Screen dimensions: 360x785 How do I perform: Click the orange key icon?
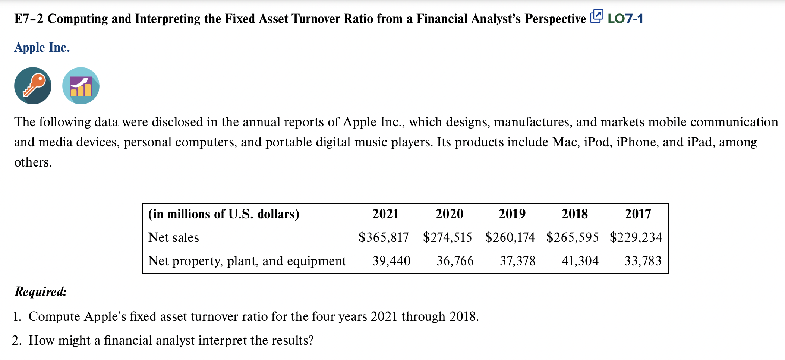coord(33,86)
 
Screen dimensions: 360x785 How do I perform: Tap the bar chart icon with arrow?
coord(81,86)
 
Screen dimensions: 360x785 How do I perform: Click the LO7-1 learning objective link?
coord(625,19)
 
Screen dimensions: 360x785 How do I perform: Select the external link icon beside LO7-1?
coord(596,17)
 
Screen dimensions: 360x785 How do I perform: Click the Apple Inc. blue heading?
coord(42,48)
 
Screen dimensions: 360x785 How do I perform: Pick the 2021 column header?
coord(385,214)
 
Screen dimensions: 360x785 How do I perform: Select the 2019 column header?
coord(512,214)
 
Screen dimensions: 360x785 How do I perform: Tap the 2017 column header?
coord(638,214)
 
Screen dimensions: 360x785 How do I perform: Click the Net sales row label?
coord(174,237)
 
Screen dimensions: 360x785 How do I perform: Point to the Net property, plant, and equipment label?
coord(247,261)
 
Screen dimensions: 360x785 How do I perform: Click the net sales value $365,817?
coord(384,237)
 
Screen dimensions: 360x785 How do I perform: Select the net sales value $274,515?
coord(447,237)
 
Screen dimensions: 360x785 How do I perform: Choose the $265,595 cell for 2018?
coord(573,237)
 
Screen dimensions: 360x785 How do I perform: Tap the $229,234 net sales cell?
coord(636,237)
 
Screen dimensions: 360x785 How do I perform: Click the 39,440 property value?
coord(391,261)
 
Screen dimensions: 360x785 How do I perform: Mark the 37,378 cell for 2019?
coord(517,261)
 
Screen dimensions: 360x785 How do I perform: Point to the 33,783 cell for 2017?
coord(643,261)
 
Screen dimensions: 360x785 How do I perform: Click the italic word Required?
coord(41,291)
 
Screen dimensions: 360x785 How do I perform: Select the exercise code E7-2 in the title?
coord(29,19)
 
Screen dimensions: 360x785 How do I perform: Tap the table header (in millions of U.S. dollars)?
coord(224,214)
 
